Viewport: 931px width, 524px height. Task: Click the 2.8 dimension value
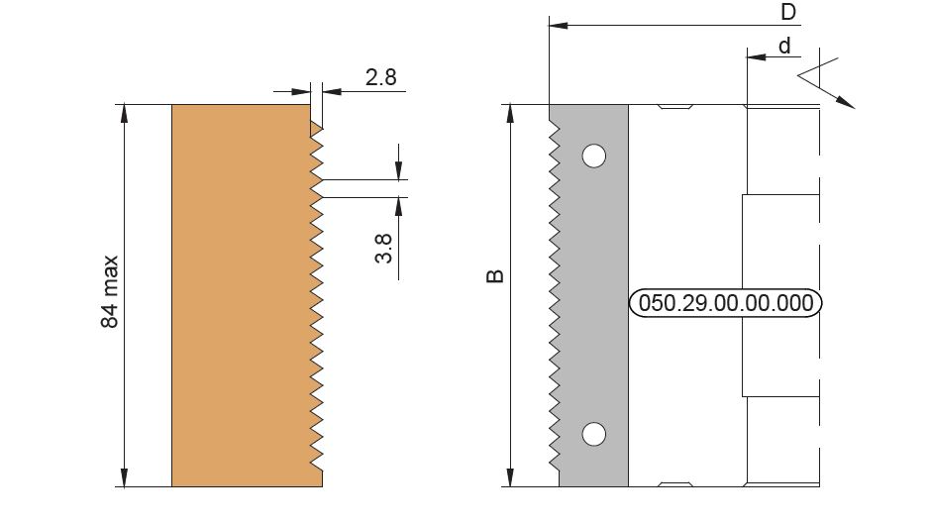point(380,77)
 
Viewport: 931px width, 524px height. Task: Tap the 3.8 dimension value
point(384,249)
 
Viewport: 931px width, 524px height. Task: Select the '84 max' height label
point(110,292)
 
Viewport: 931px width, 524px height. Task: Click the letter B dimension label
point(495,276)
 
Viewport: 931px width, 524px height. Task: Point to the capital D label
point(788,12)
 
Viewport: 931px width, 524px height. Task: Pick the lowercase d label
point(784,46)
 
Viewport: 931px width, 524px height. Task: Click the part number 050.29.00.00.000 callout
point(726,303)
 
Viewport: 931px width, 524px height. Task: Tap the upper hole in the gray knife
point(593,157)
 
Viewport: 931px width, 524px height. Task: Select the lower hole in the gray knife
point(593,434)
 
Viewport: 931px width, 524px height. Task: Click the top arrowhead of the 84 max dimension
point(124,114)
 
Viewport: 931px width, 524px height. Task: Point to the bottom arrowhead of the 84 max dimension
point(124,477)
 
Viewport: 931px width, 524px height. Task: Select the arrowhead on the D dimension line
point(559,26)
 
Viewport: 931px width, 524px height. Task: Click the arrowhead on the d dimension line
point(756,57)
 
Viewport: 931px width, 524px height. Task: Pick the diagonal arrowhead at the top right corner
point(846,102)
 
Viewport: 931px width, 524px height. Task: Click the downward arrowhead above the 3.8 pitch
point(398,170)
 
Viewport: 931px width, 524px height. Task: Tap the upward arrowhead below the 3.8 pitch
point(398,206)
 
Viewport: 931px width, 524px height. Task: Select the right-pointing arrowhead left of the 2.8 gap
point(302,91)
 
